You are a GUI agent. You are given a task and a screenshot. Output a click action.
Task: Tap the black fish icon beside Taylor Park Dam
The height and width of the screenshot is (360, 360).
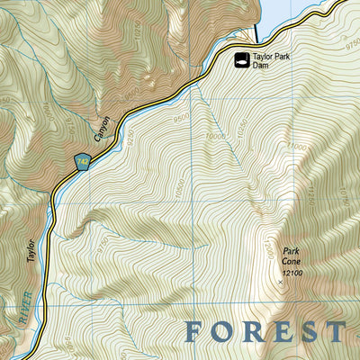pos(241,60)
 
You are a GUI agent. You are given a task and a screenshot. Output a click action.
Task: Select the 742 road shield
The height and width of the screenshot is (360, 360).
pos(84,160)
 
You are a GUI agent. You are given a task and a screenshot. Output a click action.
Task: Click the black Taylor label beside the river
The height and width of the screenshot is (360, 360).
pos(30,251)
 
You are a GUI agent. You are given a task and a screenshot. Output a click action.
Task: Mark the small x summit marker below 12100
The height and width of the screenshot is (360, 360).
pos(280,282)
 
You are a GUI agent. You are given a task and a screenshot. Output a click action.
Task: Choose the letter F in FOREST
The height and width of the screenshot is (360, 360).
pos(193,331)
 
